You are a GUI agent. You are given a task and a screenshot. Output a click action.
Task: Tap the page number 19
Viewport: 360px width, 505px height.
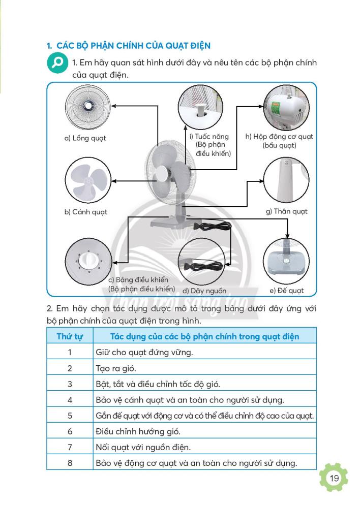point(334,478)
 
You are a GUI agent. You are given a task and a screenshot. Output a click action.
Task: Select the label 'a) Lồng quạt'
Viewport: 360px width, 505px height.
point(85,138)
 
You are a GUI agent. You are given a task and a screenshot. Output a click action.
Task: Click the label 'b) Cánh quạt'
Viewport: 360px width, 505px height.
point(85,212)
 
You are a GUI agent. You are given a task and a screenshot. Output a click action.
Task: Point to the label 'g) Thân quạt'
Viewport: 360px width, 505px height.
point(287,211)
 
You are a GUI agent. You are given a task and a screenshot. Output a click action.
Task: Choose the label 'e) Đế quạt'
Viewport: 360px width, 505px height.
point(287,291)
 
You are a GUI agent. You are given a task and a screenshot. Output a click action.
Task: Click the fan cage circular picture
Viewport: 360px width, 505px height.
point(88,107)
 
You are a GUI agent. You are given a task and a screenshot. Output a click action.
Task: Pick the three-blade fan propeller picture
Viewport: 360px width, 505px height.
point(87,181)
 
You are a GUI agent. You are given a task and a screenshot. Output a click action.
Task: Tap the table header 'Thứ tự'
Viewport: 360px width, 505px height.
point(70,336)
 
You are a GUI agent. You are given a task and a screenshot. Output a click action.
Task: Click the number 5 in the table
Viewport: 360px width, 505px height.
point(70,415)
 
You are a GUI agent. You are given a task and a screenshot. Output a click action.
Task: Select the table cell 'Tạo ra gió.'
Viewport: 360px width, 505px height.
point(116,368)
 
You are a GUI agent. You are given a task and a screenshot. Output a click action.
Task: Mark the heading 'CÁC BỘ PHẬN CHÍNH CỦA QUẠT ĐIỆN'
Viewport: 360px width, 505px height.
point(133,45)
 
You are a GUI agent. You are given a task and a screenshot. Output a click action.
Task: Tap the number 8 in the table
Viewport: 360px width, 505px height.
point(70,463)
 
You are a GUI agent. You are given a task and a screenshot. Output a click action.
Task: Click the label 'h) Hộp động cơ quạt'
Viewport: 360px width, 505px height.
point(280,136)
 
